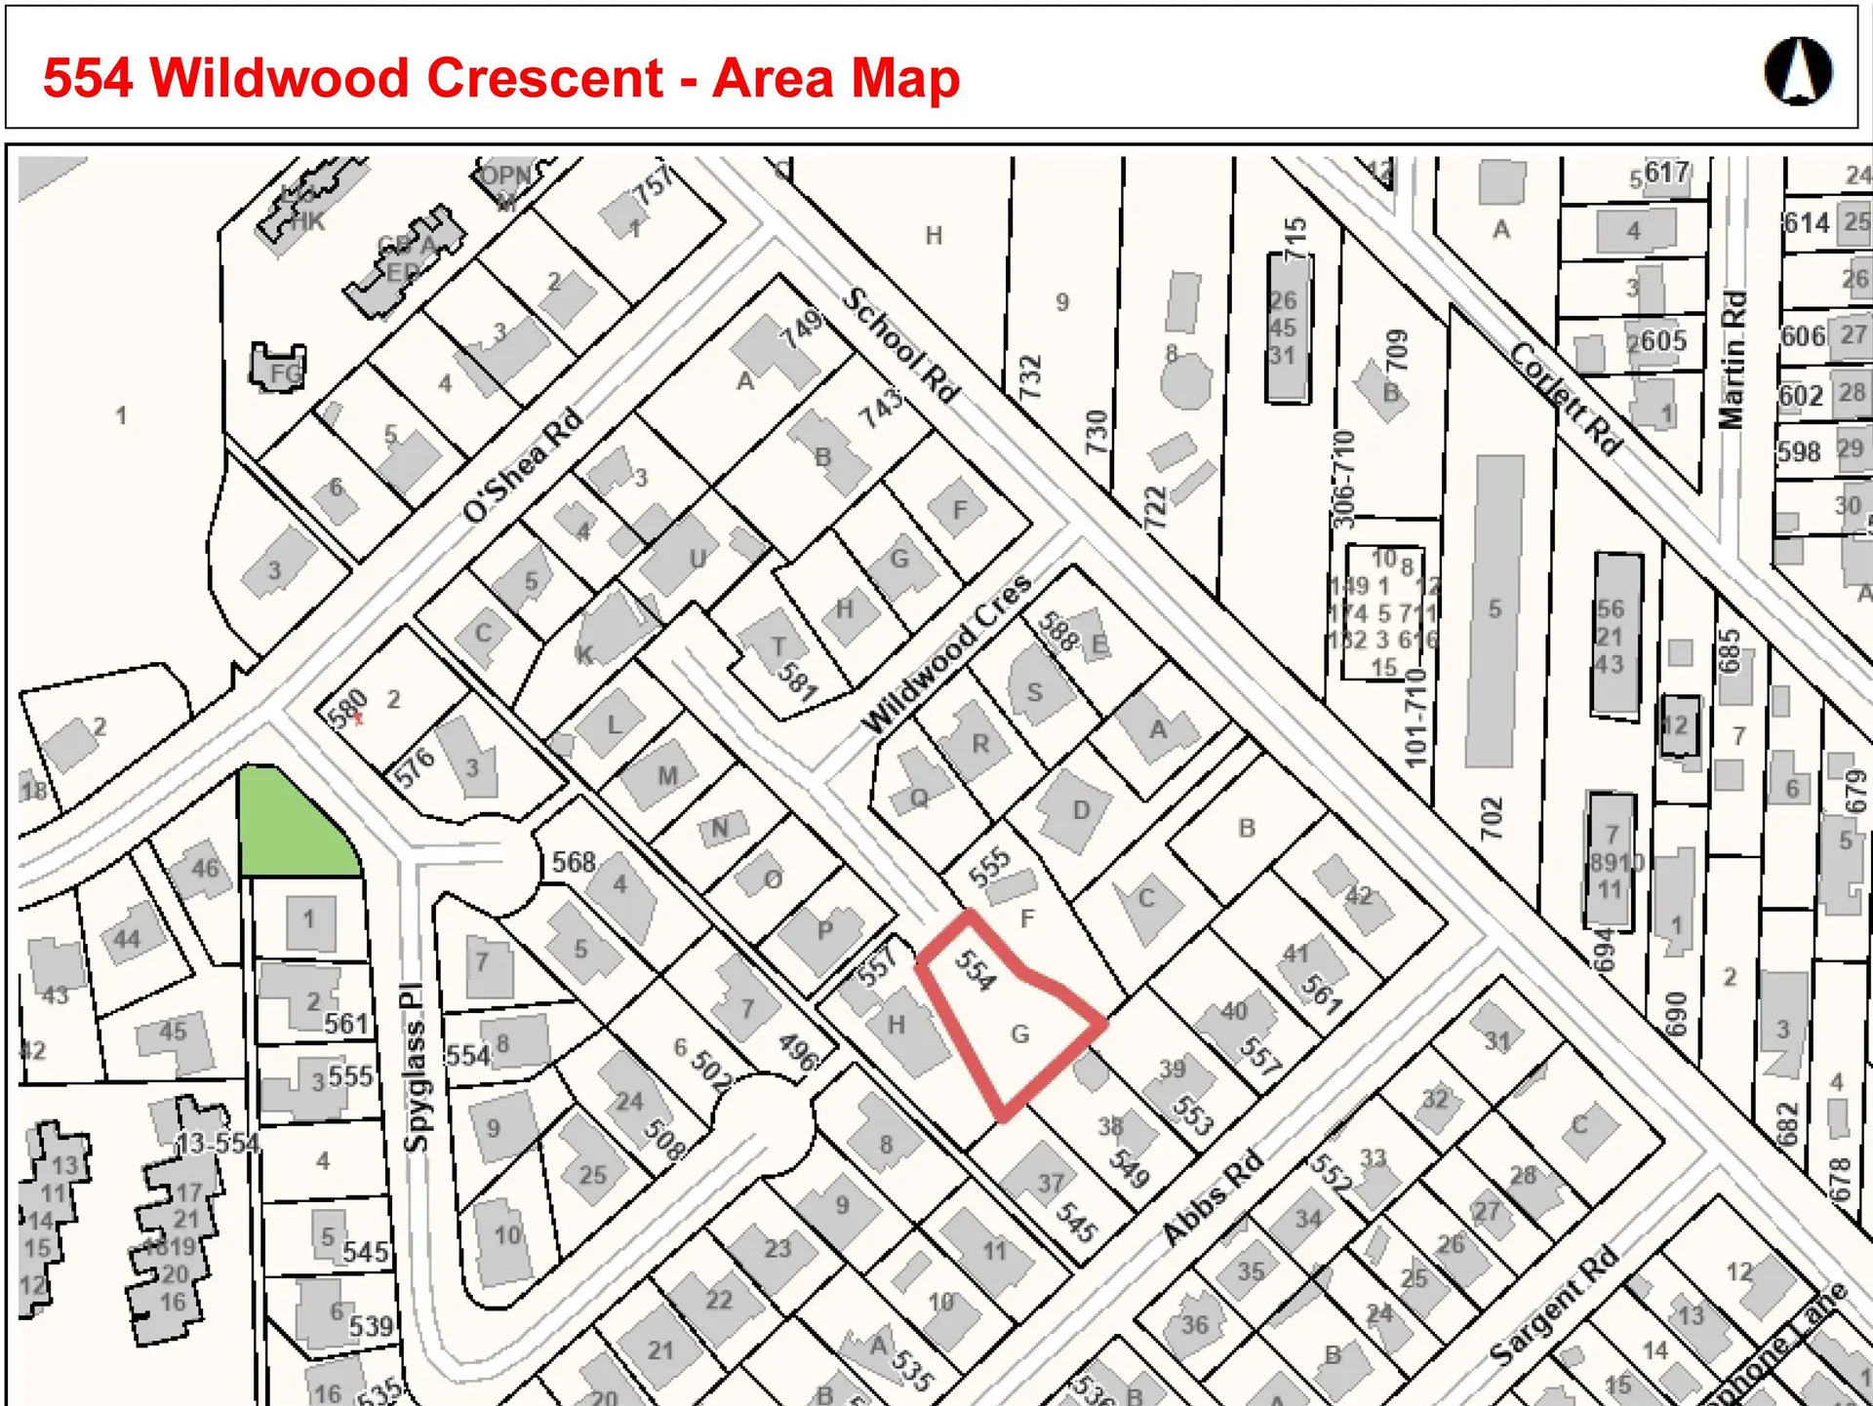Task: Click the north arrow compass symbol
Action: pos(1798,71)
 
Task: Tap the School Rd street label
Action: pos(901,344)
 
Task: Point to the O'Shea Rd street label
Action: pos(523,465)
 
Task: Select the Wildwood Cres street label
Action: pos(946,653)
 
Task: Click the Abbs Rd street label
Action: pos(1213,1198)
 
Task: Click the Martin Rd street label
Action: pos(1733,360)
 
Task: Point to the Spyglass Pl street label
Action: pos(415,1067)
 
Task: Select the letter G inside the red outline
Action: pos(1020,1034)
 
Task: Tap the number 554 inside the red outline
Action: pos(975,970)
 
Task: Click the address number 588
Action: pos(1058,631)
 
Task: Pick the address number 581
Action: pos(798,681)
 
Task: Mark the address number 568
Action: pos(574,862)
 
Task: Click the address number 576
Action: pos(415,767)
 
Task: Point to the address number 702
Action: pos(1493,817)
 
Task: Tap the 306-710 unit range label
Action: pos(1344,479)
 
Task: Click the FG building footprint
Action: pos(280,369)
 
